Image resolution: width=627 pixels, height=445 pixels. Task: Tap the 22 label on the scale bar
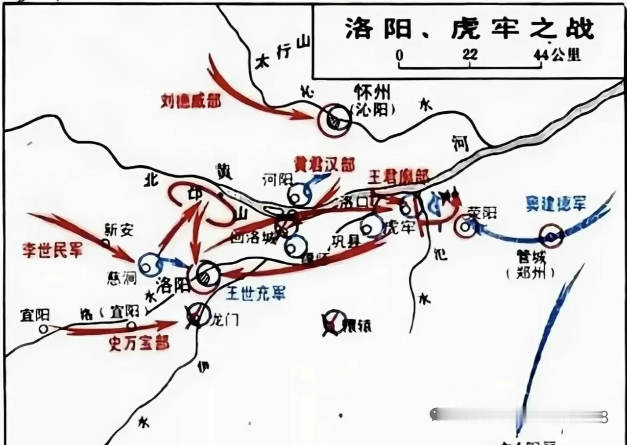pyautogui.click(x=469, y=54)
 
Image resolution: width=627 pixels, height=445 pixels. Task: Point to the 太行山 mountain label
pyautogui.click(x=284, y=53)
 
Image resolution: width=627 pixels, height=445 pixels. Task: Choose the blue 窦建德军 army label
pyautogui.click(x=556, y=204)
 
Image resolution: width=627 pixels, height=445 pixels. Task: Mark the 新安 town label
pyautogui.click(x=119, y=229)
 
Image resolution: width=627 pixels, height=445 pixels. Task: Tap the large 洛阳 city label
pyautogui.click(x=174, y=285)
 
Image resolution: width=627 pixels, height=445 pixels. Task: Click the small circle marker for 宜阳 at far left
pyautogui.click(x=44, y=329)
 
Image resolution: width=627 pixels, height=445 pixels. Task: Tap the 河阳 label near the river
pyautogui.click(x=277, y=180)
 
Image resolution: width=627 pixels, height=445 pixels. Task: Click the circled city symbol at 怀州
pyautogui.click(x=334, y=120)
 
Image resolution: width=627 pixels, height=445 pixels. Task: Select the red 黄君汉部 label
pyautogui.click(x=324, y=164)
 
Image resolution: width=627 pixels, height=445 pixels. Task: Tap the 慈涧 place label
pyautogui.click(x=121, y=278)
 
